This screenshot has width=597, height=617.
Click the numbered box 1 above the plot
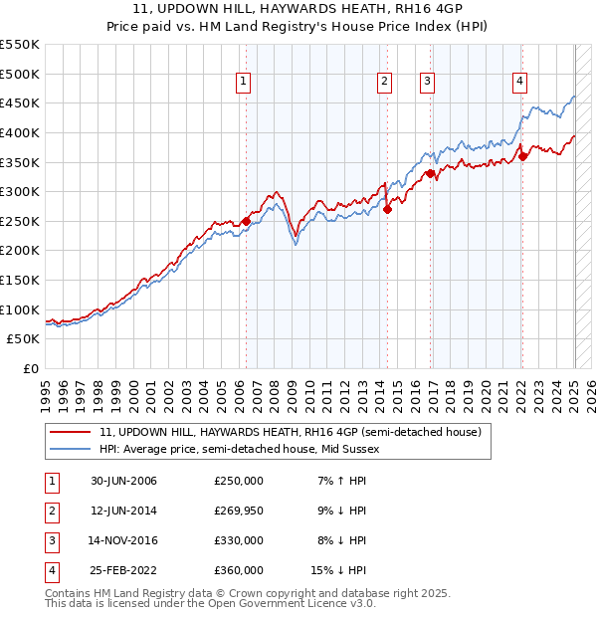click(x=244, y=83)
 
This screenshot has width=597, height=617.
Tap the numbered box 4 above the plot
click(x=520, y=83)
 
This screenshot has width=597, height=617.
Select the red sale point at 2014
click(x=388, y=208)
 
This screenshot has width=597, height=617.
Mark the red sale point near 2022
click(x=523, y=155)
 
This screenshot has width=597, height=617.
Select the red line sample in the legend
click(x=71, y=432)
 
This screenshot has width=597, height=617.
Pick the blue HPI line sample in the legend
click(x=71, y=449)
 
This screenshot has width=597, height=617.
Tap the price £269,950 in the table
click(x=238, y=511)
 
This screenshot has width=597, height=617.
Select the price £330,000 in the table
click(x=238, y=540)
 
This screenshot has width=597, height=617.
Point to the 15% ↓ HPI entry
click(x=339, y=570)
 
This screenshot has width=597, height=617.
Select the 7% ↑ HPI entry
click(x=339, y=481)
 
